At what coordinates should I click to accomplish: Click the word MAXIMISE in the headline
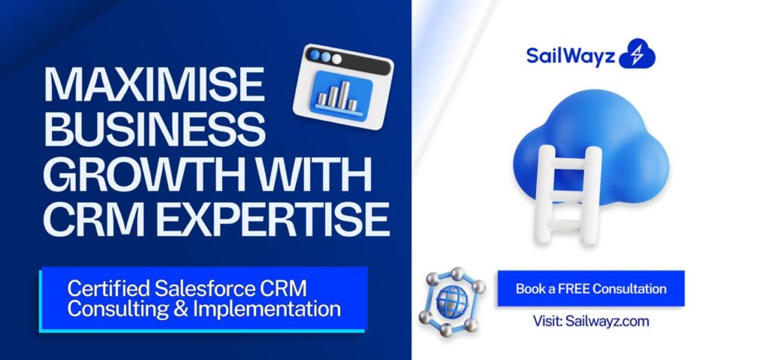pos(154,85)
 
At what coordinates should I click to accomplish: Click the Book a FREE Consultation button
pos(590,288)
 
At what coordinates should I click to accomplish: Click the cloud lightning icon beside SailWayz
pos(637,55)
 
